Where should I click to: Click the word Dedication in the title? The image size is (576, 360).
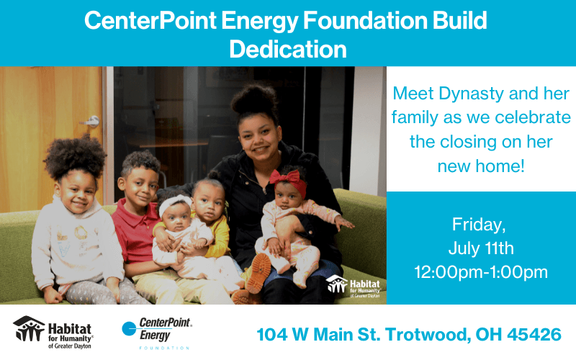tap(288, 49)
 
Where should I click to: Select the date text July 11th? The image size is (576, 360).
tap(481, 248)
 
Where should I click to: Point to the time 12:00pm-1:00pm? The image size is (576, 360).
tap(481, 272)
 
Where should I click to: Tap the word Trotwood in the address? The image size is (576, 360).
tap(427, 335)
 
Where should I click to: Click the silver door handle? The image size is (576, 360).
tap(91, 121)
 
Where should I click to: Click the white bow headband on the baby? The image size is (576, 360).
tap(175, 203)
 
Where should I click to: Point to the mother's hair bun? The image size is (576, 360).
tap(254, 99)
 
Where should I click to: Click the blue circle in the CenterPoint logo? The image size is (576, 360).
tap(129, 328)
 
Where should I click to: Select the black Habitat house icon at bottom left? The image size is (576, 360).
tap(29, 328)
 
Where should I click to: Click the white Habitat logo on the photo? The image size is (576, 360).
tap(353, 286)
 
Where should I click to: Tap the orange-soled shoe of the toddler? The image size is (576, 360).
tap(259, 273)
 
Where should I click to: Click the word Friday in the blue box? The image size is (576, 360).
tap(479, 225)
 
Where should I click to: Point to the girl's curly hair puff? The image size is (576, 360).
tap(76, 156)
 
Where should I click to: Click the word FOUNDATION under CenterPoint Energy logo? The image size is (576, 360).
tap(164, 348)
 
